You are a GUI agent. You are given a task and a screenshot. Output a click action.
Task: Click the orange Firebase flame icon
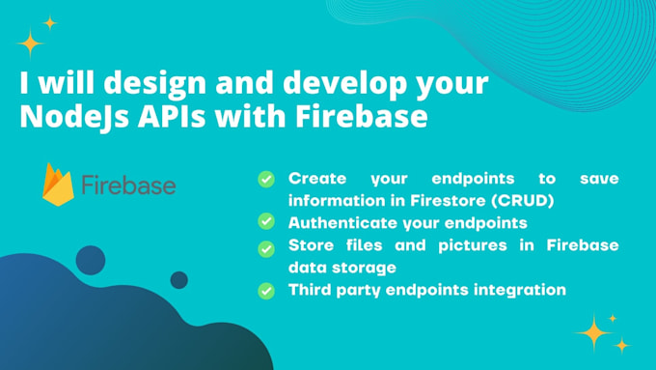pyautogui.click(x=58, y=184)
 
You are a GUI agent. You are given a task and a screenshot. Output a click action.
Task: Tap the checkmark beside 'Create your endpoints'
pyautogui.click(x=265, y=179)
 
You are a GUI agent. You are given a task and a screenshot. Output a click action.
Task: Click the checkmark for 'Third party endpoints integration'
pyautogui.click(x=265, y=289)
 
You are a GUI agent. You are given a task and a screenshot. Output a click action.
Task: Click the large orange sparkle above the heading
pyautogui.click(x=31, y=44)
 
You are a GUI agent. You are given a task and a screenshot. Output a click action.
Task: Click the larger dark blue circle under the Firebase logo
pyautogui.click(x=90, y=259)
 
